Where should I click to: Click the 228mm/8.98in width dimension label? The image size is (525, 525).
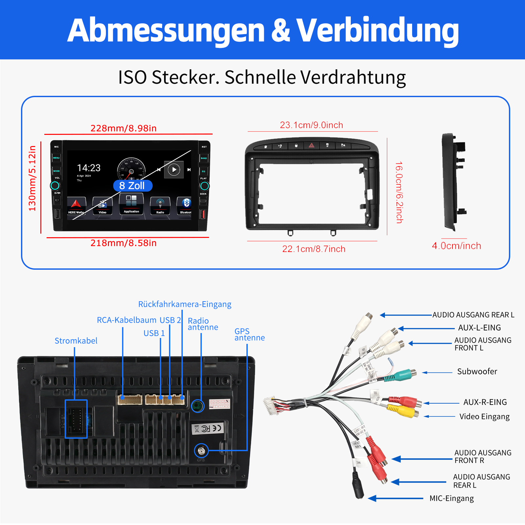pyautogui.click(x=123, y=128)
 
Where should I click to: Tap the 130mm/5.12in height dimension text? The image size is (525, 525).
pyautogui.click(x=32, y=178)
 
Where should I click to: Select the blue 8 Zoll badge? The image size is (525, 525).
pyautogui.click(x=133, y=186)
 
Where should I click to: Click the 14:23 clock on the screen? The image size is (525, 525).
pyautogui.click(x=89, y=168)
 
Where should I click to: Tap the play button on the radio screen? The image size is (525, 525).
pyautogui.click(x=174, y=170)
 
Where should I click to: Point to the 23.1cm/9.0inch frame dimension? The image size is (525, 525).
pyautogui.click(x=311, y=125)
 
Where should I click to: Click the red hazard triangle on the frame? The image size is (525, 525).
pyautogui.click(x=311, y=145)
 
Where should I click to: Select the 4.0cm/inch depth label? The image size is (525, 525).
pyautogui.click(x=456, y=246)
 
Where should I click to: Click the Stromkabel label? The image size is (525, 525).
pyautogui.click(x=76, y=341)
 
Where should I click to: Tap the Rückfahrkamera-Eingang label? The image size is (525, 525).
pyautogui.click(x=185, y=304)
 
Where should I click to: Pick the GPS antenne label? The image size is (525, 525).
pyautogui.click(x=249, y=334)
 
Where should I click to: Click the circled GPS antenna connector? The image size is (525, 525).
pyautogui.click(x=201, y=451)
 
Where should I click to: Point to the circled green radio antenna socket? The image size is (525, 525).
pyautogui.click(x=198, y=406)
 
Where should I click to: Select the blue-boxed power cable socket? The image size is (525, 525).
pyautogui.click(x=76, y=419)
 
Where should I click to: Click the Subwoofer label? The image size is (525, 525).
pyautogui.click(x=477, y=371)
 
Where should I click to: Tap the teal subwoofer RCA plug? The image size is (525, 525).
pyautogui.click(x=402, y=375)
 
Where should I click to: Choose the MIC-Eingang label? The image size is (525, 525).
pyautogui.click(x=451, y=498)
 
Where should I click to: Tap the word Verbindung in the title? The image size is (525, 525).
pyautogui.click(x=377, y=30)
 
